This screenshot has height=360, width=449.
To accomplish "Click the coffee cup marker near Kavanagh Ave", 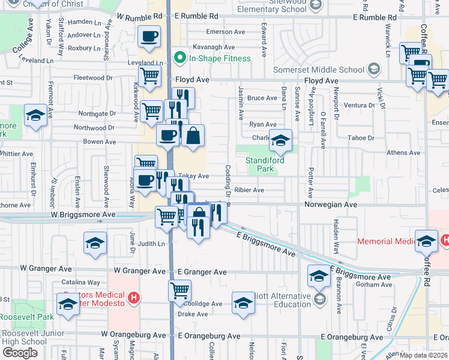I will (149, 36).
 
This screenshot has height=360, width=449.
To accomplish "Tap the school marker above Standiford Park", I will (280, 140).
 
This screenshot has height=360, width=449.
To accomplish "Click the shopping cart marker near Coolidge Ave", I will (179, 291).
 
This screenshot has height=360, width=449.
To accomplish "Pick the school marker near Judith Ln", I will (95, 243).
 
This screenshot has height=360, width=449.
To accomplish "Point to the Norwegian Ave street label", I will (330, 205).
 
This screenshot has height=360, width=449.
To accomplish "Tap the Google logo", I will (20, 352).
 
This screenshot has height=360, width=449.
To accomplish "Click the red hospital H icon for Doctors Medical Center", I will (134, 297).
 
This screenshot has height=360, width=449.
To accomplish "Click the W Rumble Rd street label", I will (140, 17).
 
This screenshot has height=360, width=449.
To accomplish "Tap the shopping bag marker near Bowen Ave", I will (193, 137).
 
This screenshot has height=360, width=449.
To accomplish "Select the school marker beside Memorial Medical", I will (426, 241).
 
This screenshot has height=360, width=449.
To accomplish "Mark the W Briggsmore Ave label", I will (83, 214).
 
